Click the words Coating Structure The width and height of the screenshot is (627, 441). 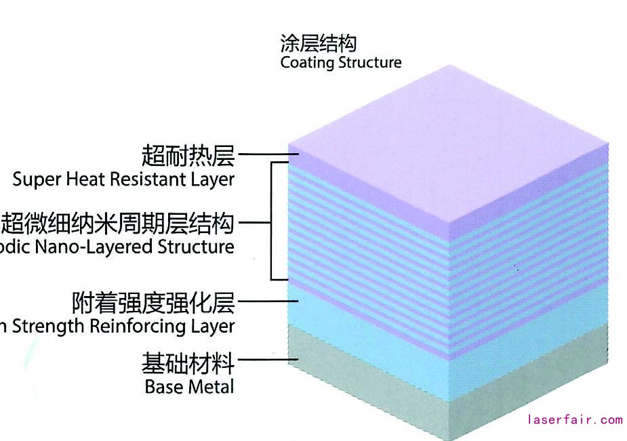(x=340, y=63)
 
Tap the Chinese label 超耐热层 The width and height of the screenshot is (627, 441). (x=188, y=156)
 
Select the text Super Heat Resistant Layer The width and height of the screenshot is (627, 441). (x=123, y=180)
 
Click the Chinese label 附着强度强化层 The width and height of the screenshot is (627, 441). (x=153, y=302)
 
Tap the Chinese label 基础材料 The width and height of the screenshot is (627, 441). (x=188, y=364)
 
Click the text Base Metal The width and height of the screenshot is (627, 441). (x=189, y=387)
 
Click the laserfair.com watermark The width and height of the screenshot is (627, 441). (x=574, y=420)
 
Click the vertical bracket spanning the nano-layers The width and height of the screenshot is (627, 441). (x=272, y=221)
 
